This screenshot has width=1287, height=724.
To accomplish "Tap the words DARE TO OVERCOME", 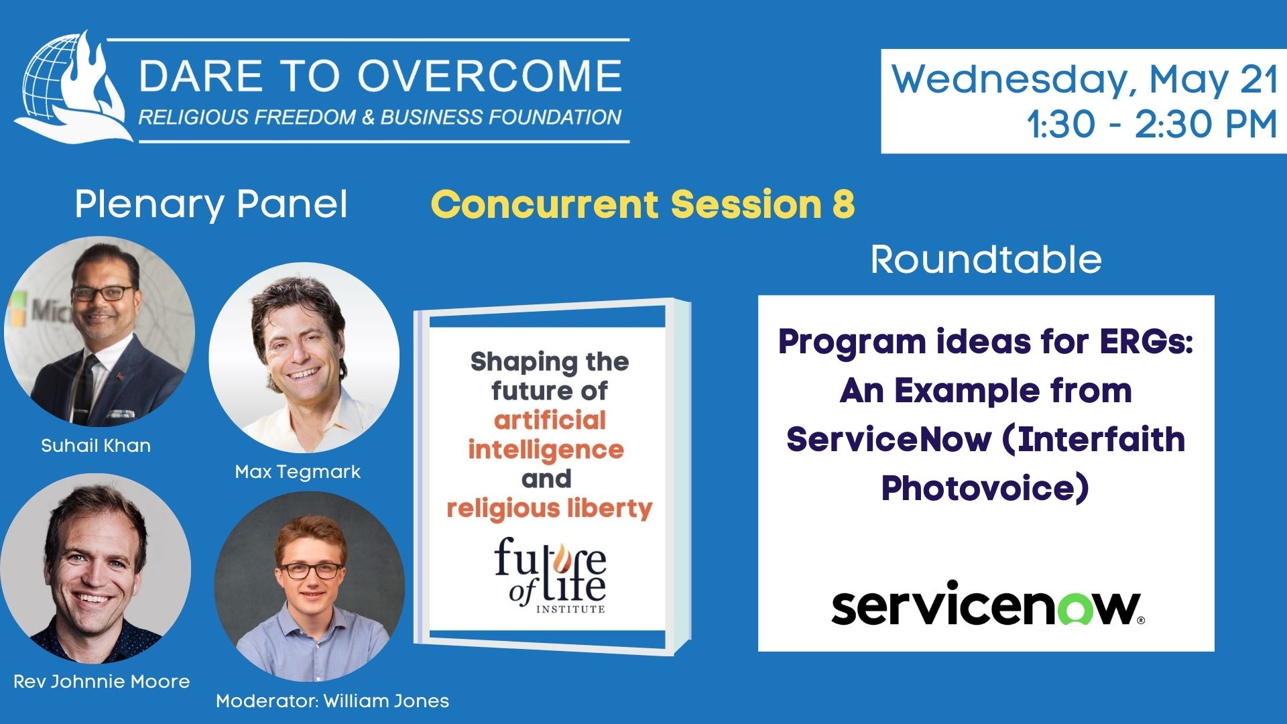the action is coord(381,76).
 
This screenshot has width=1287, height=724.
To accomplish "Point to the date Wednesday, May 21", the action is coord(1084,80).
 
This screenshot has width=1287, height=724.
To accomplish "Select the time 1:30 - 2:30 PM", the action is coord(1152,125).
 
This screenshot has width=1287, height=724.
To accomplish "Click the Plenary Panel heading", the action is coord(211,204).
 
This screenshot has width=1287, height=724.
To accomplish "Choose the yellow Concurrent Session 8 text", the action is coord(643,204).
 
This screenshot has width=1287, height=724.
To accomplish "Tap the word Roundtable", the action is coord(986,259).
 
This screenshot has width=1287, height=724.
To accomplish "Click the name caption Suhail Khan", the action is coord(96,446).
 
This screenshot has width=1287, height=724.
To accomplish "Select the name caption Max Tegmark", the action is coord(298,472).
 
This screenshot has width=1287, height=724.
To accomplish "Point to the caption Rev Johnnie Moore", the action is coord(102,682).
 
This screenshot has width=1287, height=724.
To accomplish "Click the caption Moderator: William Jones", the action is coord(332,701).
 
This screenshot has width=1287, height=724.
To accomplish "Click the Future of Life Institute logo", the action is coord(550,575).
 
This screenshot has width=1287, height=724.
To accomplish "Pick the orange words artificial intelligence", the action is coord(546,435).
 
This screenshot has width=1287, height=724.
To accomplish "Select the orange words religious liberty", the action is coord(550,509).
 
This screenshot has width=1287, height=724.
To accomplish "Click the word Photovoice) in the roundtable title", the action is coord(985,488).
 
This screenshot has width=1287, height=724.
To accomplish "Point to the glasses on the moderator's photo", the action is coord(310,571).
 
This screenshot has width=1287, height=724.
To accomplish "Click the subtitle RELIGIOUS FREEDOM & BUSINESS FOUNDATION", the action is coord(380,117).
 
